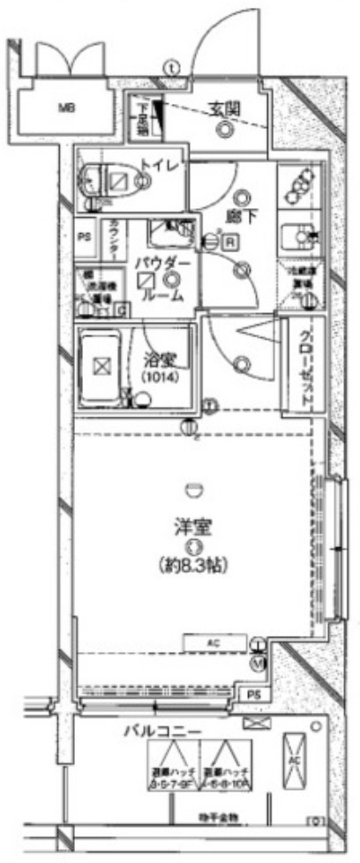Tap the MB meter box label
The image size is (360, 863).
pyautogui.click(x=65, y=109)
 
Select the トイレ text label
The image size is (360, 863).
pyautogui.click(x=161, y=165)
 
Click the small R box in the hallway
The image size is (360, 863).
pyautogui.click(x=229, y=241)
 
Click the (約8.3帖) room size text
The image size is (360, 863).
pyautogui.click(x=190, y=563)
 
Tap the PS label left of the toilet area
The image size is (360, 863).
pyautogui.click(x=86, y=236)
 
